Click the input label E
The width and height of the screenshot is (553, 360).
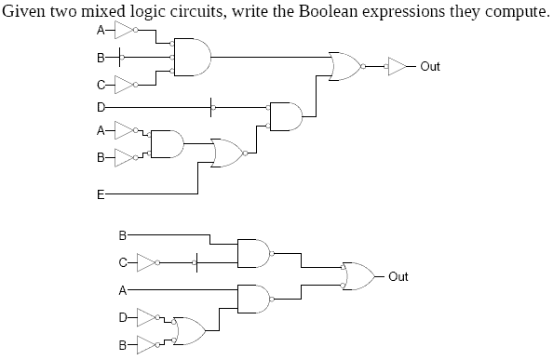[101, 195]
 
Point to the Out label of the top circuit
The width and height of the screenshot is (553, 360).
[430, 67]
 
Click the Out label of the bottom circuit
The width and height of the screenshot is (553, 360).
[398, 276]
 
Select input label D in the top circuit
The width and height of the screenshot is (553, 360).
[101, 108]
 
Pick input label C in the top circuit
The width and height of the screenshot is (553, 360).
[101, 87]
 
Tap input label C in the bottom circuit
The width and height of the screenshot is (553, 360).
[122, 260]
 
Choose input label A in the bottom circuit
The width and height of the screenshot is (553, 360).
[122, 290]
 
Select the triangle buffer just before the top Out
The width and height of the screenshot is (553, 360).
[398, 67]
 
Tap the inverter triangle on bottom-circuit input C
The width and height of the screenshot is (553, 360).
[145, 260]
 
